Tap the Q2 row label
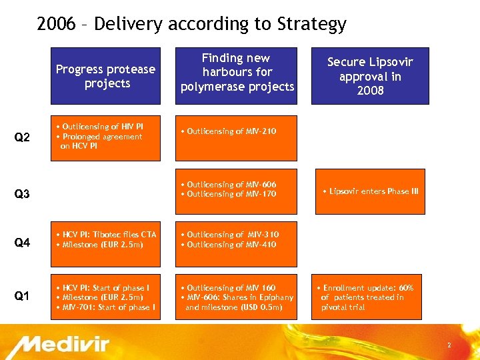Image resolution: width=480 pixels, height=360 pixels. point(22,138)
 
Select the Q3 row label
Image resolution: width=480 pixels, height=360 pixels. point(22,195)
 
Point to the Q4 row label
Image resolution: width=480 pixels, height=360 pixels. point(22,243)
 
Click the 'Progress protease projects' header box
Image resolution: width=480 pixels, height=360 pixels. point(106,76)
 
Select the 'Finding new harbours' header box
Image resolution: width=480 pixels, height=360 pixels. point(237,73)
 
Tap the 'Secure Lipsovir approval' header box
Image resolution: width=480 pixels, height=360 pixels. point(370,76)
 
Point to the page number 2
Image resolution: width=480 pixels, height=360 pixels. point(449,345)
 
